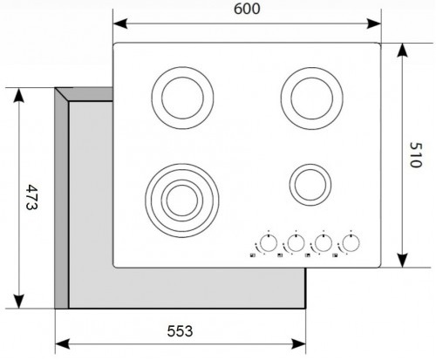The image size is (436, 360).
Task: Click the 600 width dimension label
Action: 247,9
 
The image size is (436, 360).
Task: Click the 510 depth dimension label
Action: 415,154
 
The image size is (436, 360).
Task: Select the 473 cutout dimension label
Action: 31,197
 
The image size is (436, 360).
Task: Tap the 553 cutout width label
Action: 180,331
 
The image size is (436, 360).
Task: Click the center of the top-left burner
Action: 182,98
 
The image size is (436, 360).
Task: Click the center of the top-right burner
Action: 312,98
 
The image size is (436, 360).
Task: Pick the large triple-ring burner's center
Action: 182,200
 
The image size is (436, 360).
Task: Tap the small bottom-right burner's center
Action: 310,185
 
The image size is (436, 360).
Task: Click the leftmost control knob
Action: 269,243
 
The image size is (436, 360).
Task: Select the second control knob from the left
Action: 296,243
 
